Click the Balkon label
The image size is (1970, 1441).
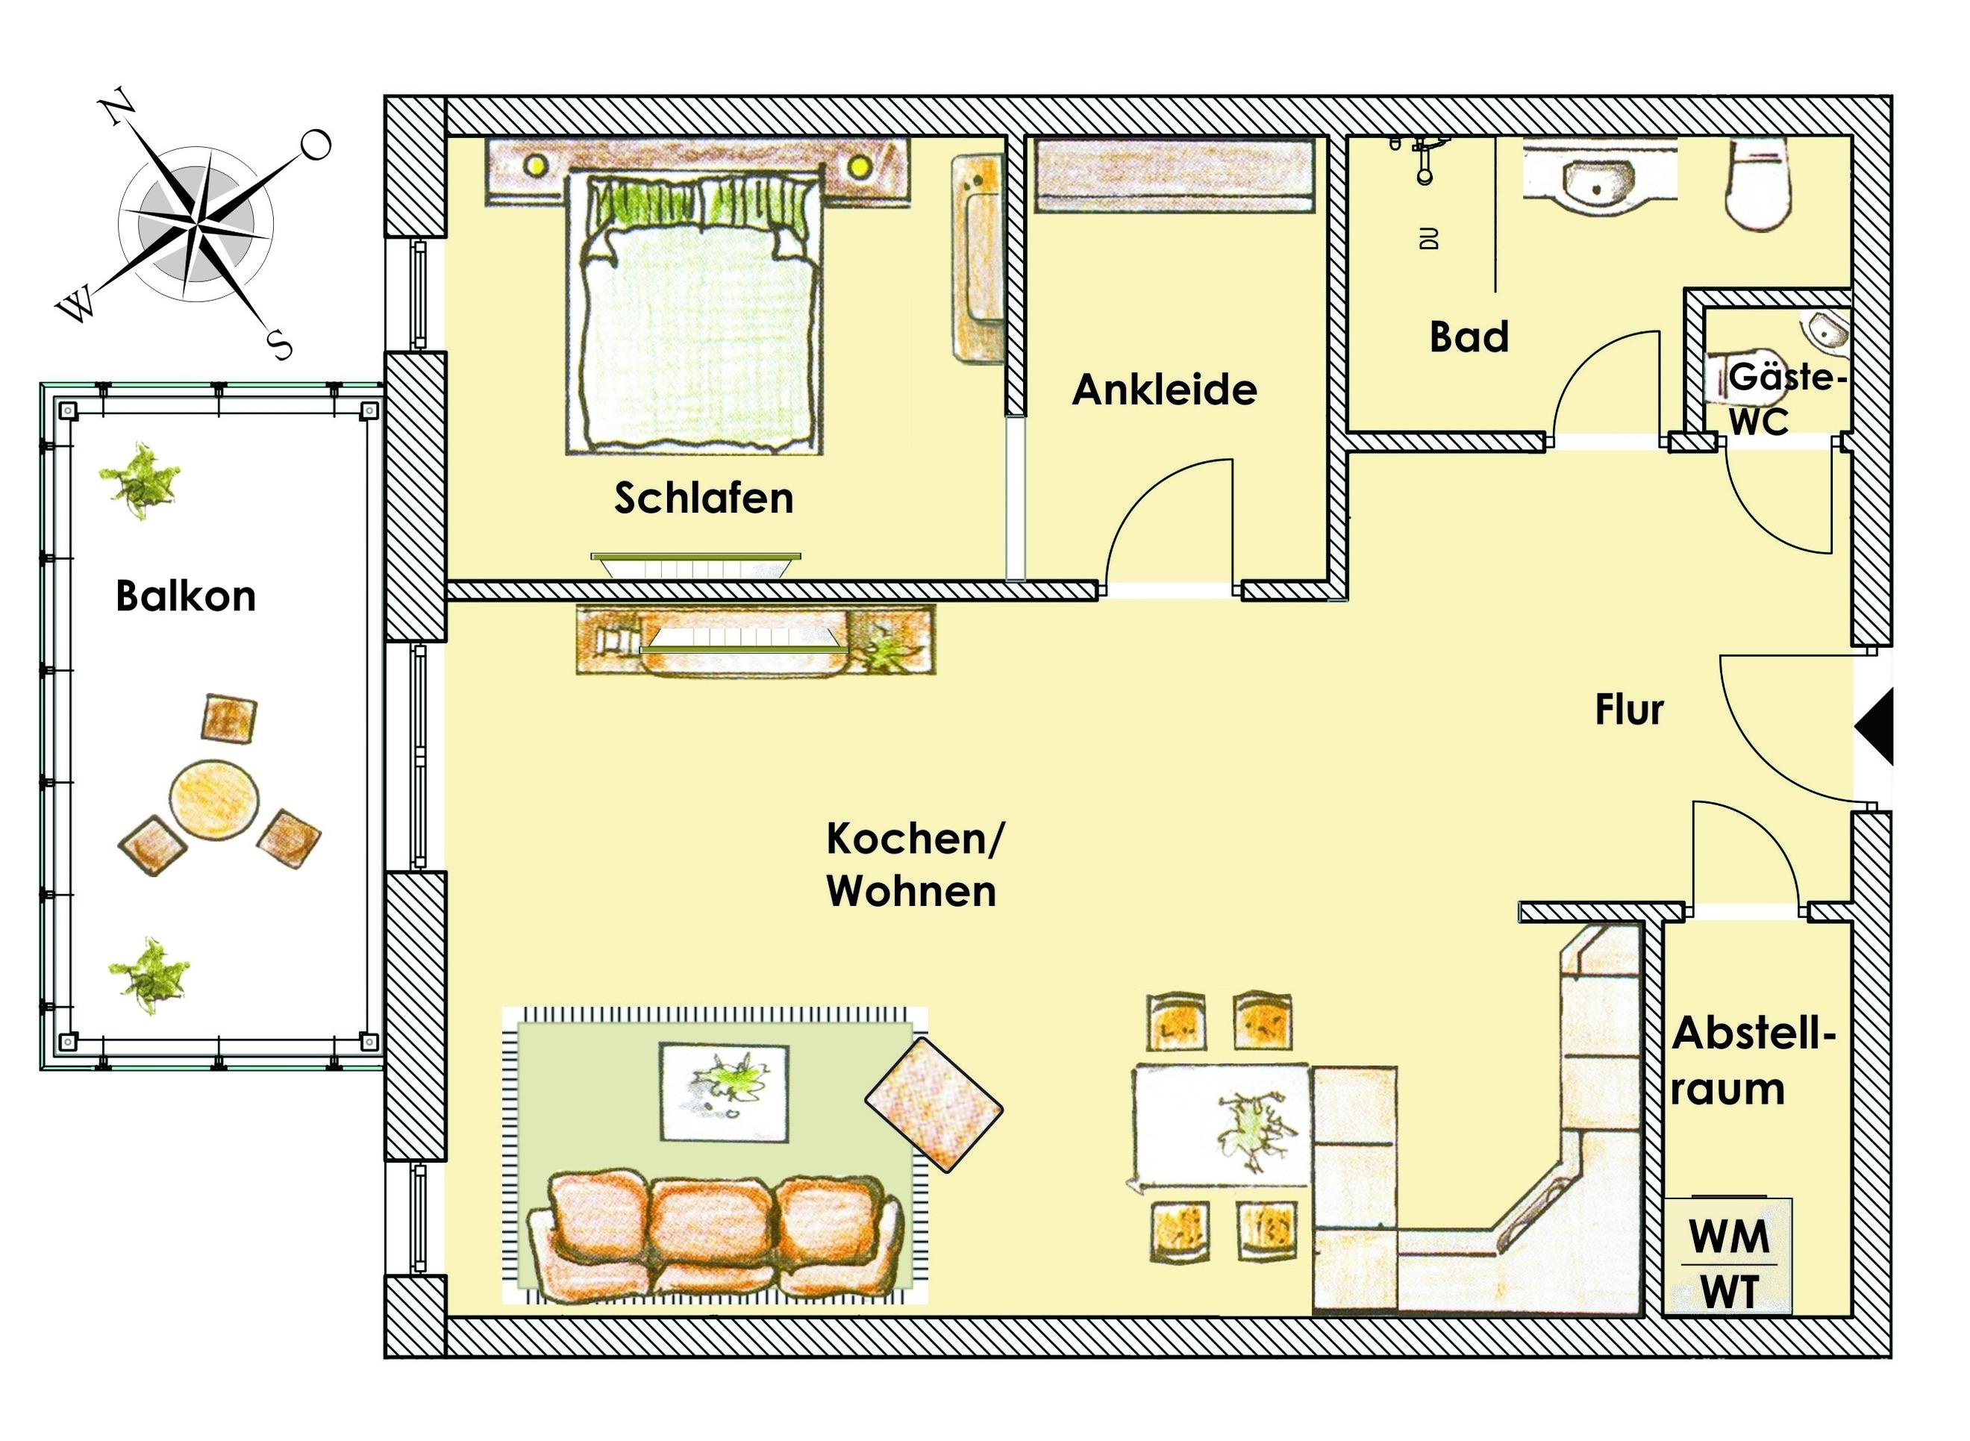(x=186, y=598)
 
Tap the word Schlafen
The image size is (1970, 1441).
(x=704, y=498)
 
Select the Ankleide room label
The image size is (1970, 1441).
(x=1164, y=390)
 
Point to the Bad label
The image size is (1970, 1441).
(x=1469, y=337)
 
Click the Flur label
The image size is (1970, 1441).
(x=1629, y=710)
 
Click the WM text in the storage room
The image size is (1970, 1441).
(x=1729, y=1236)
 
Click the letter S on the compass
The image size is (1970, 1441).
(x=279, y=345)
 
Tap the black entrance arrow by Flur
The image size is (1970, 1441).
(x=1876, y=727)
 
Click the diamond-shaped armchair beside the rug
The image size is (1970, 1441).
(x=934, y=1104)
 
